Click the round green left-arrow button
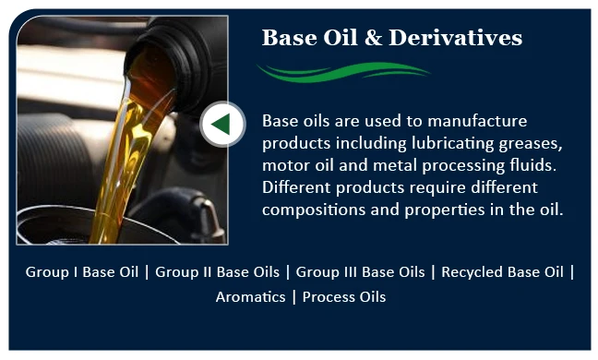222,124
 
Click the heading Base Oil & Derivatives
392,38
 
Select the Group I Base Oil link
82,272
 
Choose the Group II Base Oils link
216,272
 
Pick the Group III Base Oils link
361,272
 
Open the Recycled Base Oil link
502,272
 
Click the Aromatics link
250,297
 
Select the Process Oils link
344,297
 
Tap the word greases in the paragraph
532,144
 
